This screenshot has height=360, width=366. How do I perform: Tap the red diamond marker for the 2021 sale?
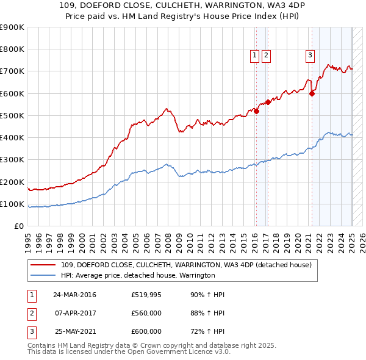coord(312,93)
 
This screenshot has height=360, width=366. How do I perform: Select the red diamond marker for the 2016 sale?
coord(257,111)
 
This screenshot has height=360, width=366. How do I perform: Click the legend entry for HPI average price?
coord(138,276)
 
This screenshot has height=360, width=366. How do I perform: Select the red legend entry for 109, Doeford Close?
coord(187,265)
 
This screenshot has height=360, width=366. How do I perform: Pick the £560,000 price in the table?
coord(146,313)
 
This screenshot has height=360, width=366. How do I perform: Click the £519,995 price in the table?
coord(146,295)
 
